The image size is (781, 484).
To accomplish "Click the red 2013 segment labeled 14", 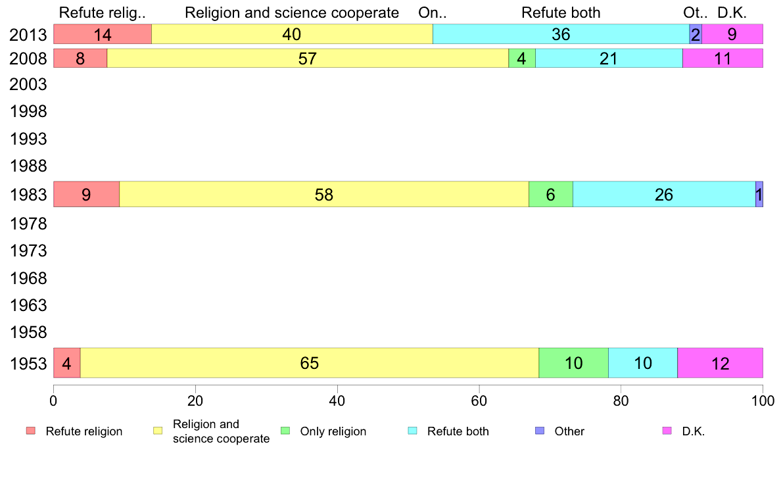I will [102, 34].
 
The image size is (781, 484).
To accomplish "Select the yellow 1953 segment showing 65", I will [309, 363].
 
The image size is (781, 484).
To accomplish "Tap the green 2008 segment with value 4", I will [521, 59].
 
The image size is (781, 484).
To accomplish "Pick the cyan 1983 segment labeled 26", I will [664, 195].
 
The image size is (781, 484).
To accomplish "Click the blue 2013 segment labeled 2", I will [695, 34].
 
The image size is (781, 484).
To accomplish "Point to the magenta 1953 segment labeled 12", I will [720, 363].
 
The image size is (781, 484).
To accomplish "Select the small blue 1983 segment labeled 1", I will [759, 195].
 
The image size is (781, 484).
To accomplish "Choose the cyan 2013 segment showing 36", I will [560, 34].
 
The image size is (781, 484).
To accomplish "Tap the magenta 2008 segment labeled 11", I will [722, 59].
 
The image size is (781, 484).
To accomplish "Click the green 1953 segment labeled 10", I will [573, 363].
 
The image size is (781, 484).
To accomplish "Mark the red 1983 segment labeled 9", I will [86, 195].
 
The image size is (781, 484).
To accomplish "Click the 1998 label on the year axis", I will [28, 112].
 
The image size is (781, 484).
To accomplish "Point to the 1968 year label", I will [28, 279].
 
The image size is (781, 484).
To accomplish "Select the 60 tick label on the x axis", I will [479, 400].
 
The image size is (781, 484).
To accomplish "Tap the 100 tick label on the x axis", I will [762, 400].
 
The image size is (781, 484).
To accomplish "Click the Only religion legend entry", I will [333, 431].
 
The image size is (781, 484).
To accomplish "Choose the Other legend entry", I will [569, 431].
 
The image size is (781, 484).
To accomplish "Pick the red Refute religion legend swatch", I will [31, 431].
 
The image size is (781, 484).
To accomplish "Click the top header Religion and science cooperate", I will [292, 13].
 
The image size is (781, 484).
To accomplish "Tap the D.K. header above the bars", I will [732, 13].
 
